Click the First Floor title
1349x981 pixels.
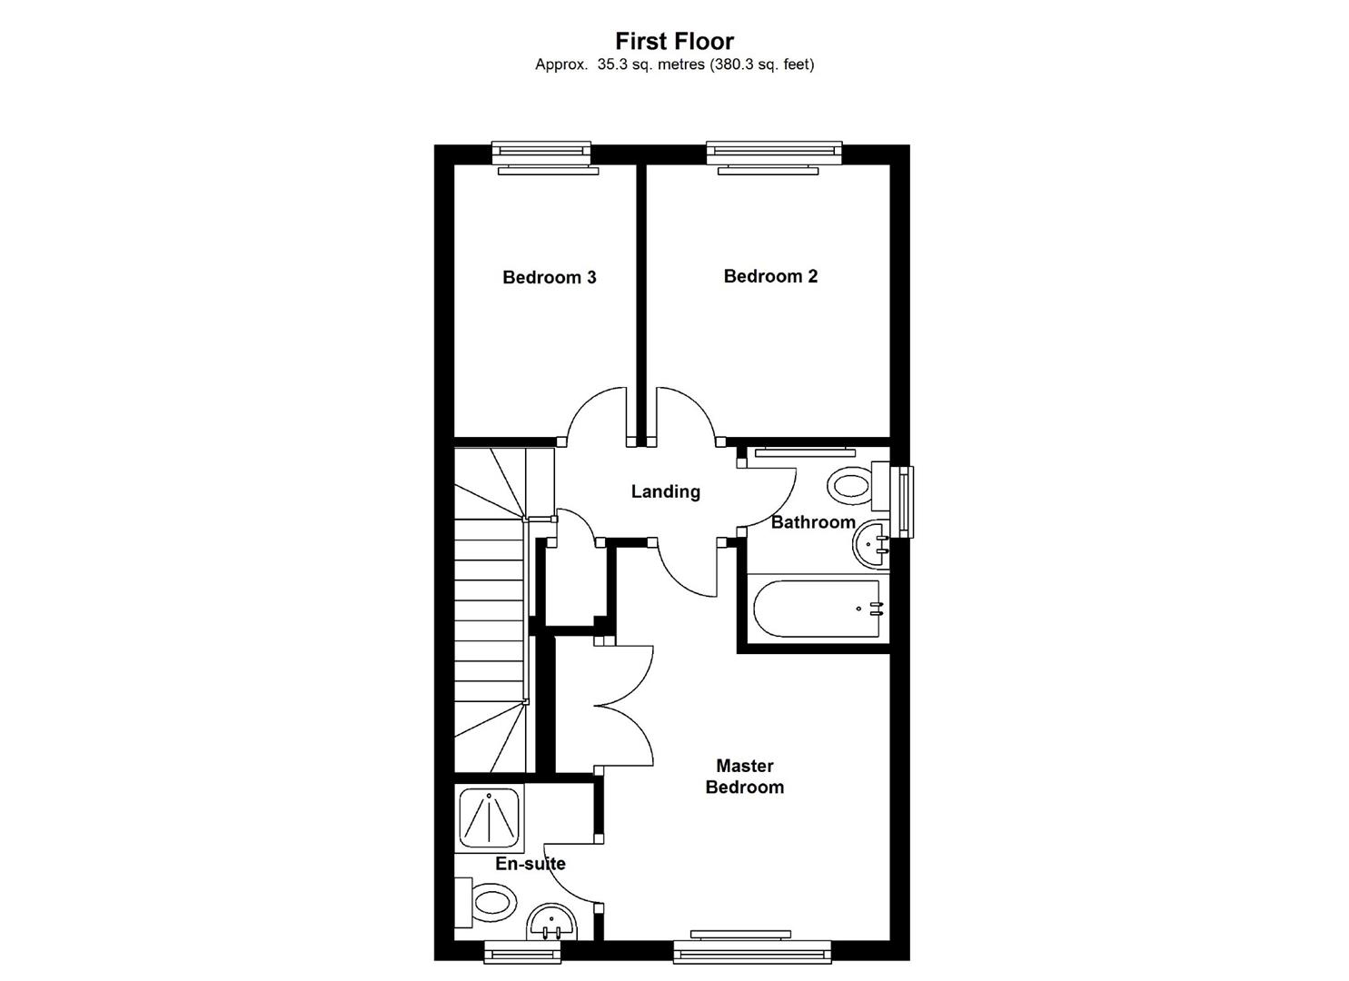pos(674,41)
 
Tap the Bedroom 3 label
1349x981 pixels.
pos(549,277)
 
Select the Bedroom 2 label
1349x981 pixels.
pos(770,276)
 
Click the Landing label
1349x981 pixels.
pos(665,491)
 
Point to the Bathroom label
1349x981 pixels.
pos(812,521)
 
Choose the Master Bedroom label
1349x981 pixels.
pos(744,777)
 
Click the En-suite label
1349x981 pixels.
pos(530,863)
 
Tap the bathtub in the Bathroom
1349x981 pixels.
pos(817,609)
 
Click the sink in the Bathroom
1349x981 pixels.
pos(872,545)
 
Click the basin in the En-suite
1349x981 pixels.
pos(551,924)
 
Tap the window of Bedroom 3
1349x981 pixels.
pos(541,154)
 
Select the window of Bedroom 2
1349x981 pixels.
pos(774,154)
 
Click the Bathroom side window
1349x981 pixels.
pos(903,501)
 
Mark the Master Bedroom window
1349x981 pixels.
pos(752,951)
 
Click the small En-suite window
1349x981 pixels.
pos(522,951)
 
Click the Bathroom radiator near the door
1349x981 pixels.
pos(805,451)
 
